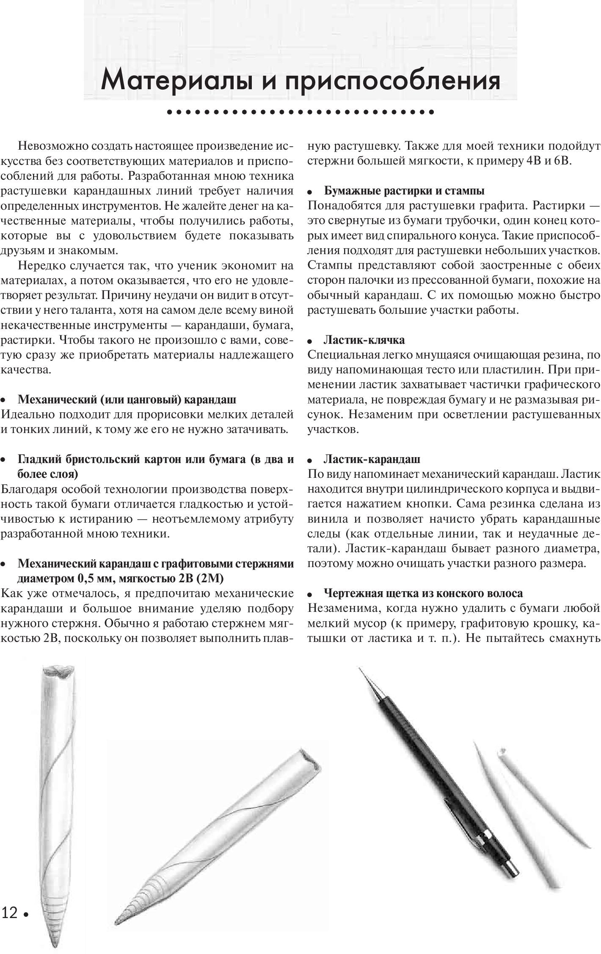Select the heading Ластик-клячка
pos(364,340)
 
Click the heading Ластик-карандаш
pos(372,459)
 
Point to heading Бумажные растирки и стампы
pos(404,191)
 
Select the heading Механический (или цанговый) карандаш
pos(127,400)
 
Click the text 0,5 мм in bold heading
pos(91,578)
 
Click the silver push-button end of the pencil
pos(513,869)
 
